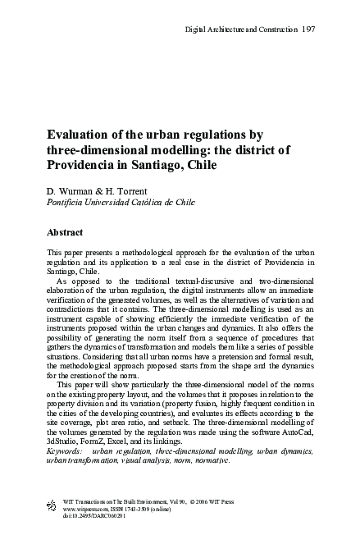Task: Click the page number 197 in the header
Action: coord(309,30)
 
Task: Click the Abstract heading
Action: coord(67,231)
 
